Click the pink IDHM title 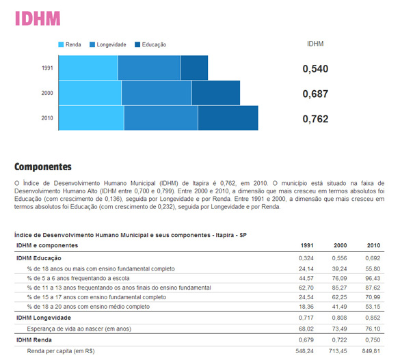(x=38, y=18)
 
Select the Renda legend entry (x=70, y=44)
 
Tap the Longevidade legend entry (x=107, y=44)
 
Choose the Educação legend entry (x=150, y=44)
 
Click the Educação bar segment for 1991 (x=194, y=68)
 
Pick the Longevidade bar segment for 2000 (x=157, y=93)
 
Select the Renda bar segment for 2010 (x=92, y=118)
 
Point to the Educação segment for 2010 (x=228, y=118)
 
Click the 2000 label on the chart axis (x=47, y=93)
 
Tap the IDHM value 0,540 (x=315, y=69)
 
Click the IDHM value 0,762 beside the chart (x=315, y=119)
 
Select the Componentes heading (x=43, y=167)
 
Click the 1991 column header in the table (x=307, y=245)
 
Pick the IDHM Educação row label (x=39, y=258)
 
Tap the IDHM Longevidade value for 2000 (x=339, y=318)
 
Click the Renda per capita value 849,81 (x=371, y=351)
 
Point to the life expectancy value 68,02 (x=306, y=329)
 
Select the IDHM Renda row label (x=34, y=340)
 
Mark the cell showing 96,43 (x=373, y=278)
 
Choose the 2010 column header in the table (x=373, y=245)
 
